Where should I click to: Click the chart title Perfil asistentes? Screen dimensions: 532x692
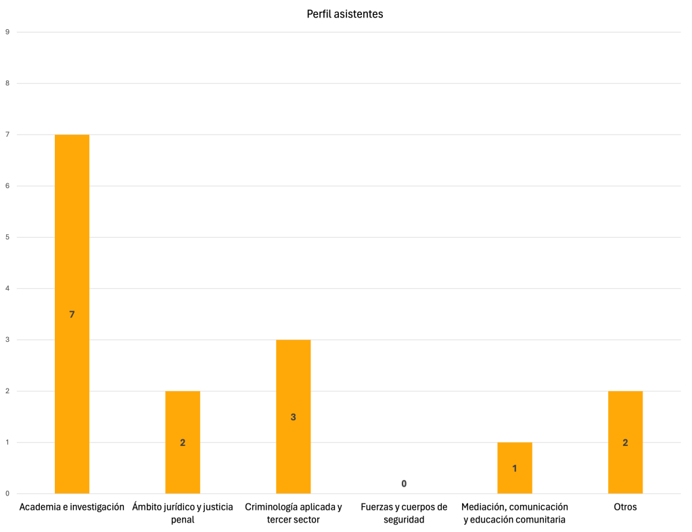(x=345, y=14)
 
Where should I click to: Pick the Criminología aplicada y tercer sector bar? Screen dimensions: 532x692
(x=293, y=379)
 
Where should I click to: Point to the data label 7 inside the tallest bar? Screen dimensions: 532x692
(x=72, y=314)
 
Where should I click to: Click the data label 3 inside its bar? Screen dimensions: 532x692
(x=293, y=417)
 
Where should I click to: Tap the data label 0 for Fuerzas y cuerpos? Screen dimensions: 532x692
(x=404, y=483)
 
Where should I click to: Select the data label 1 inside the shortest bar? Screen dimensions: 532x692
(x=515, y=468)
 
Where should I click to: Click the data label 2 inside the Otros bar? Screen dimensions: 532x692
(x=625, y=443)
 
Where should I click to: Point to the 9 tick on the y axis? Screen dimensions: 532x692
(x=7, y=32)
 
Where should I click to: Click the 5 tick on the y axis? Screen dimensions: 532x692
(x=7, y=237)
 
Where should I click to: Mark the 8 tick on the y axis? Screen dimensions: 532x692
(x=7, y=83)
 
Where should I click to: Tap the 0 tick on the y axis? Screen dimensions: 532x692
(x=7, y=493)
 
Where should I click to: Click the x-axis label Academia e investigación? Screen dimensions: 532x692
(x=72, y=507)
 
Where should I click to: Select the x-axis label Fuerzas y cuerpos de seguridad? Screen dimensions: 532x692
(x=404, y=513)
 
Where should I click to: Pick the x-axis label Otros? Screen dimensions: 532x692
(x=625, y=507)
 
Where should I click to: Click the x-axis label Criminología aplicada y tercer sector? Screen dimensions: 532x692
(x=293, y=513)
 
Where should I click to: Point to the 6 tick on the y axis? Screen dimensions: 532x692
(x=7, y=186)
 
